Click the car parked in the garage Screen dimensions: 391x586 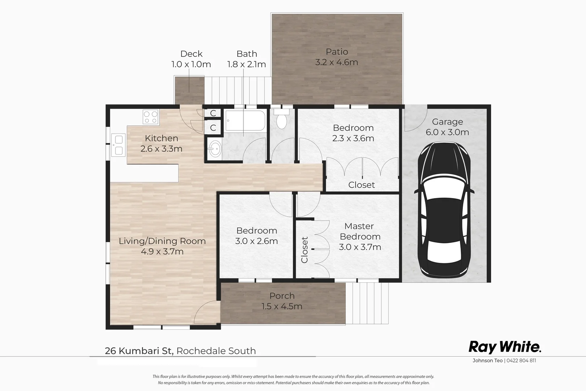[445, 210]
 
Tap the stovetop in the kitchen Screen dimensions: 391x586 [150, 117]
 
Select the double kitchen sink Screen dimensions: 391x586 [118, 144]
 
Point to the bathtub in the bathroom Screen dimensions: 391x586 [245, 121]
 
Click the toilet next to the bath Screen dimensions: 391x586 [281, 120]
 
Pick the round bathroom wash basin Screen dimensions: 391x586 [215, 148]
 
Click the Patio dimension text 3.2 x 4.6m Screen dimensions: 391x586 [336, 62]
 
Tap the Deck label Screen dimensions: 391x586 [191, 54]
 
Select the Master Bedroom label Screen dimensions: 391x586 [360, 231]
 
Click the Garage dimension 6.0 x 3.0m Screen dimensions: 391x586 [447, 133]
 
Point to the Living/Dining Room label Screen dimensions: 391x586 [162, 241]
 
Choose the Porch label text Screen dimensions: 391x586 [282, 296]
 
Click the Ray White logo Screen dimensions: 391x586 [505, 347]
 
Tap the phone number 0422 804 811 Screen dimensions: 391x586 [521, 361]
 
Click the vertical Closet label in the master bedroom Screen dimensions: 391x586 [304, 250]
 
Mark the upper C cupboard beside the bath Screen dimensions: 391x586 [213, 113]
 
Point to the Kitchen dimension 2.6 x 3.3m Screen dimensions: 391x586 [162, 149]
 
